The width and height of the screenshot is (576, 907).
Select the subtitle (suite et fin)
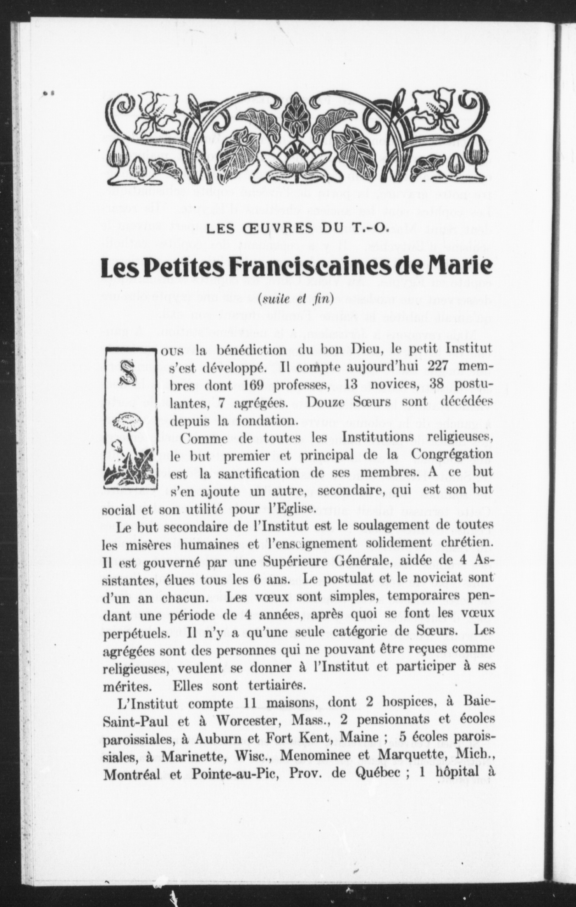coord(296,299)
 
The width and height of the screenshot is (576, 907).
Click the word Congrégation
coord(451,454)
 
